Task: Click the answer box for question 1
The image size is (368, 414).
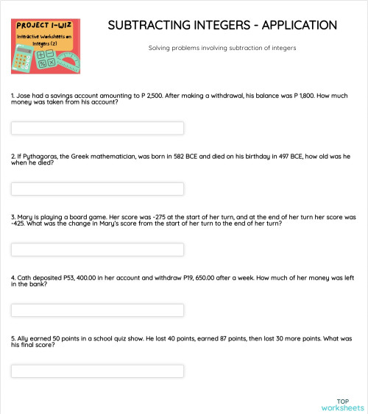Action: [x=97, y=128]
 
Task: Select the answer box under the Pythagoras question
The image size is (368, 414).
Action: [x=97, y=189]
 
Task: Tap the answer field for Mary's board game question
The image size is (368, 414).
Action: [x=97, y=250]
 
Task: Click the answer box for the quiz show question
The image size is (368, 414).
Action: [x=97, y=371]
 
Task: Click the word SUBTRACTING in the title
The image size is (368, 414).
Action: [x=148, y=26]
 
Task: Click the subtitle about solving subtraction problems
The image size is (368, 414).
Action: [x=222, y=49]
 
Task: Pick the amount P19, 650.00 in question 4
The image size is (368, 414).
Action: [x=213, y=279]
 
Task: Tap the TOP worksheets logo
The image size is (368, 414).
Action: [x=342, y=403]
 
